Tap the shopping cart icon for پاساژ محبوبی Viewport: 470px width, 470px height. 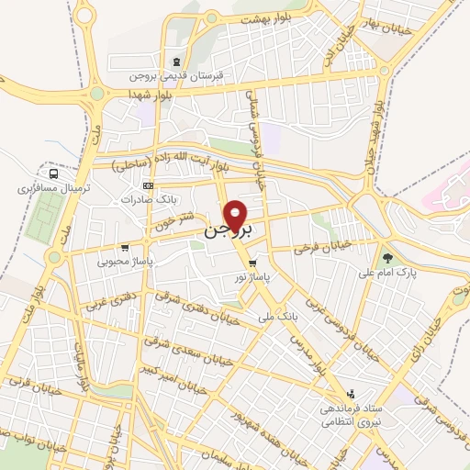(x=125, y=248)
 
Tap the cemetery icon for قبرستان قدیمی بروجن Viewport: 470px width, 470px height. (x=146, y=63)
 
